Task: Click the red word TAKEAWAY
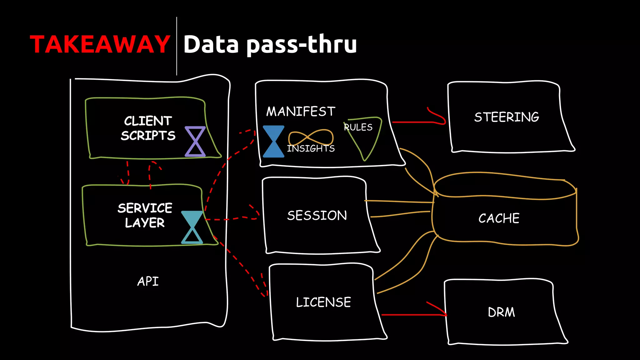tap(100, 44)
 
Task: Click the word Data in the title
tap(211, 44)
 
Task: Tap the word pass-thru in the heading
tap(302, 45)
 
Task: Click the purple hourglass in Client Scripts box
tap(195, 141)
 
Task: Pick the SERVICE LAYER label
tap(145, 215)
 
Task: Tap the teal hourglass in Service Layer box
tap(192, 227)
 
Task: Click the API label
tap(148, 281)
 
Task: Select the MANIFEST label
tap(301, 112)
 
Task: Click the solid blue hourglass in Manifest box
tap(273, 141)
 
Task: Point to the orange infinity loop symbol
tap(311, 137)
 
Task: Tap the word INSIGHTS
tap(311, 148)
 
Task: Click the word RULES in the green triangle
tap(358, 127)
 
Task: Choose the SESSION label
tap(317, 215)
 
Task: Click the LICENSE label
tap(323, 302)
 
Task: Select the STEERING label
tap(507, 117)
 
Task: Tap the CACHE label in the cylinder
tap(499, 218)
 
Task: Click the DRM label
tap(501, 312)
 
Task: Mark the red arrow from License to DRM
tap(412, 314)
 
